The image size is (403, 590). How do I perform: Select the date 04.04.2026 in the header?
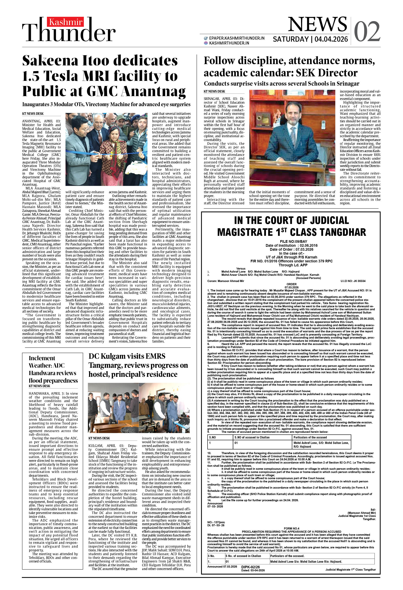[331, 39]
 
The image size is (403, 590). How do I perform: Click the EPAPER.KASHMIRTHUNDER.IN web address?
[237, 38]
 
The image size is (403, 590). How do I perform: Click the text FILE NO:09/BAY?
[293, 241]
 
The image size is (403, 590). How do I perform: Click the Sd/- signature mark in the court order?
[373, 510]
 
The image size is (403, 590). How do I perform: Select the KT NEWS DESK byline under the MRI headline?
[33, 114]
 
